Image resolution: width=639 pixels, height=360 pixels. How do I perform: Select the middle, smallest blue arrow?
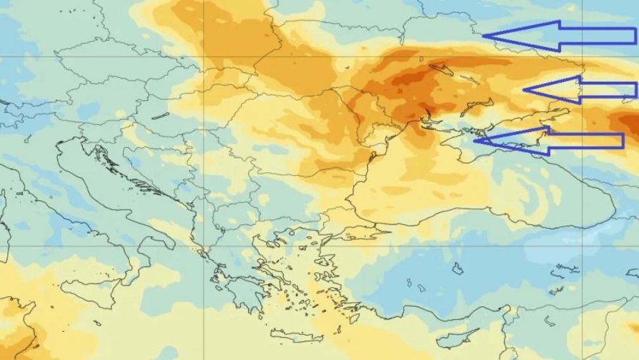pyautogui.click(x=580, y=90)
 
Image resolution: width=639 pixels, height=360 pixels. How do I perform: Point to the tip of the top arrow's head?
pyautogui.click(x=485, y=36)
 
